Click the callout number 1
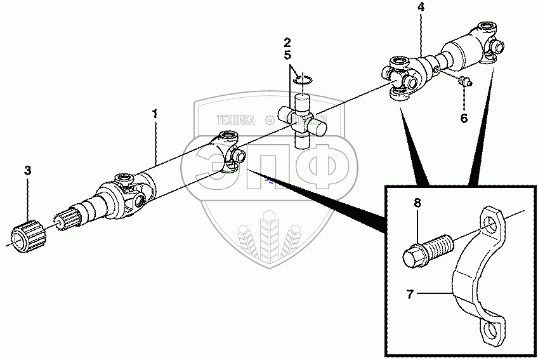154,114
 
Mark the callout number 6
464,118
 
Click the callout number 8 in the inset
417,203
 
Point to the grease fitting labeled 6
464,81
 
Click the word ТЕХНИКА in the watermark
235,119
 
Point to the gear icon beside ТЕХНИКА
269,119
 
